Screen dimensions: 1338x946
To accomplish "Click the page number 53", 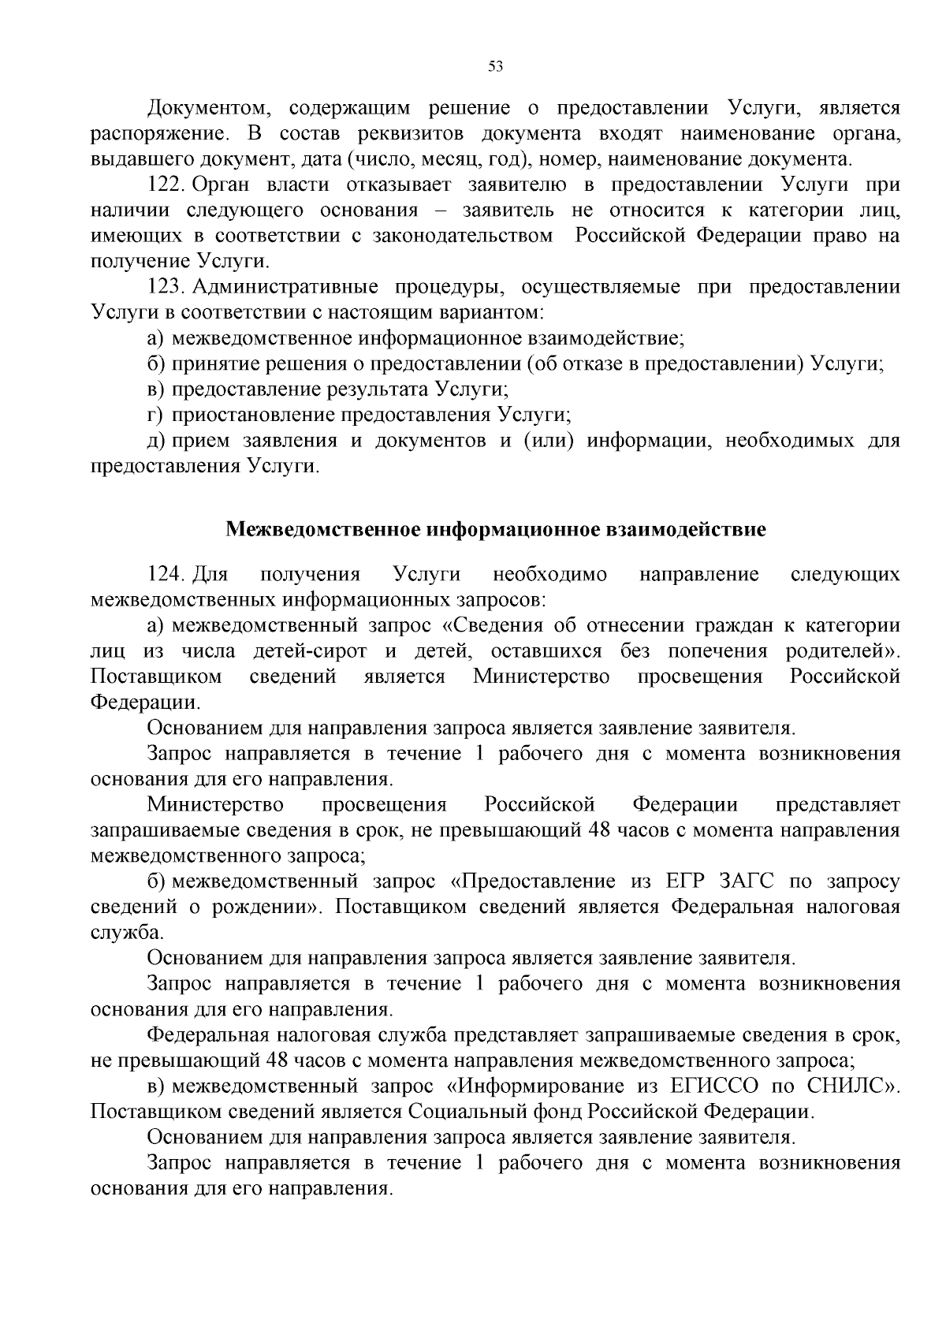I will pyautogui.click(x=495, y=67).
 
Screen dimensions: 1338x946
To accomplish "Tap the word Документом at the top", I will pyautogui.click(x=208, y=107).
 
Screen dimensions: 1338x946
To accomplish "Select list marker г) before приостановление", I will pyautogui.click(x=155, y=416).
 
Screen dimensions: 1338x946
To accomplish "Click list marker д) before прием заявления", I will pyautogui.click(x=156, y=441).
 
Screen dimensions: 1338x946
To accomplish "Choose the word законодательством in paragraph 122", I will pyautogui.click(x=458, y=236).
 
